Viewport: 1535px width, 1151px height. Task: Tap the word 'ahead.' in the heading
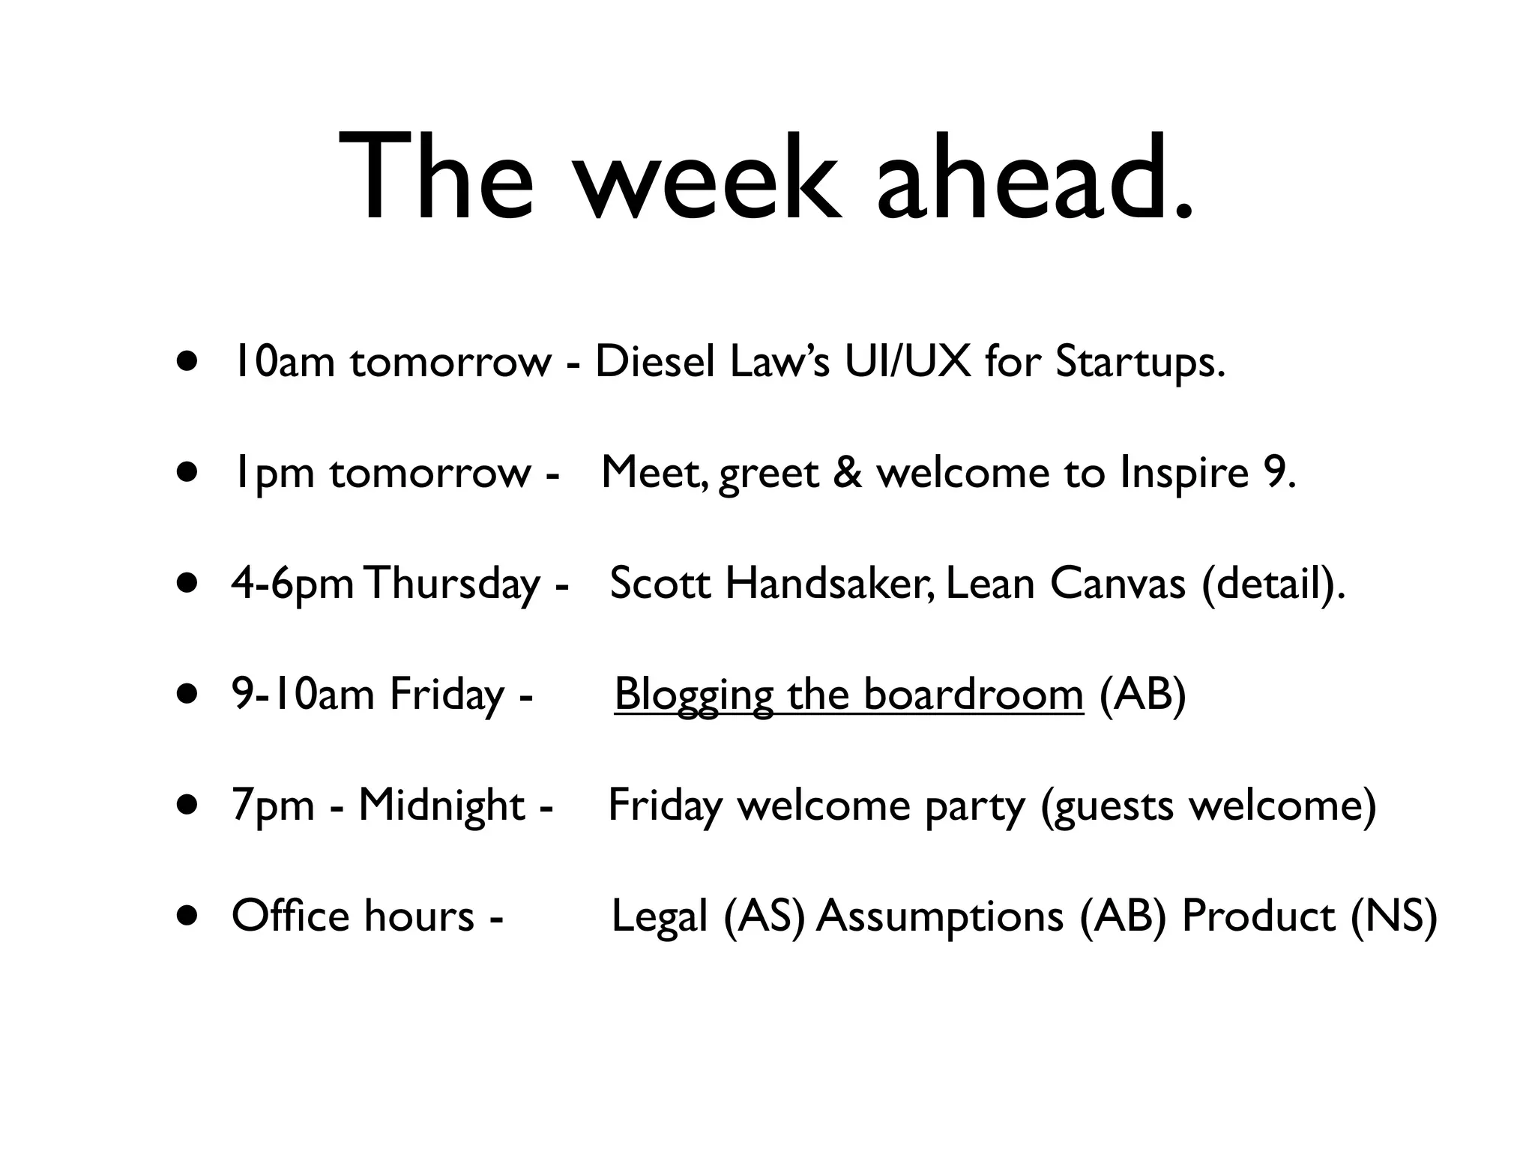tap(1034, 180)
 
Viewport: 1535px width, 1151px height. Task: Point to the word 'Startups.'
tap(1140, 363)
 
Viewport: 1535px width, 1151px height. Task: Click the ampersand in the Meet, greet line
tap(848, 474)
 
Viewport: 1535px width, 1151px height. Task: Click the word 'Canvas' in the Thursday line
tap(1118, 584)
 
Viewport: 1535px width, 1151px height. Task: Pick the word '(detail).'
tap(1273, 584)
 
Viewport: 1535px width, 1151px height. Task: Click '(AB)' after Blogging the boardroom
tap(1142, 694)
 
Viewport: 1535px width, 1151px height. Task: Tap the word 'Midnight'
tap(441, 805)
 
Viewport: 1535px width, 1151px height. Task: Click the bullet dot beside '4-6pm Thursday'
tap(188, 584)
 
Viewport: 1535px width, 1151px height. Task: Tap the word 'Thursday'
tap(453, 584)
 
